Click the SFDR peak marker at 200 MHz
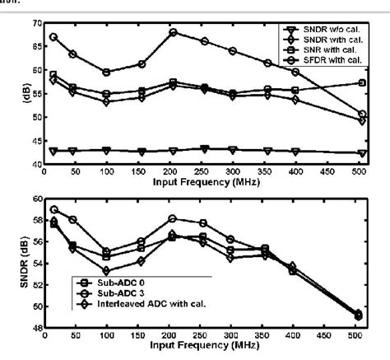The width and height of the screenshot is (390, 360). pyautogui.click(x=173, y=32)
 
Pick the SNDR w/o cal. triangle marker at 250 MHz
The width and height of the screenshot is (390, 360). pyautogui.click(x=205, y=149)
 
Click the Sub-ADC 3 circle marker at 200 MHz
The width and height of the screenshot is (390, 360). pyautogui.click(x=172, y=218)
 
